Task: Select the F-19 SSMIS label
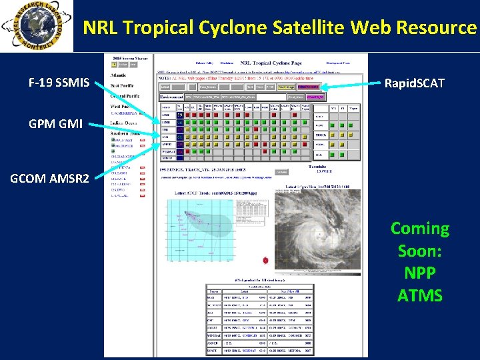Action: (55, 83)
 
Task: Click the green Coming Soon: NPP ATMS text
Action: (419, 261)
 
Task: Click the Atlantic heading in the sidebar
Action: (122, 75)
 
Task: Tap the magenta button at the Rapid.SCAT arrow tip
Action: (309, 87)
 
